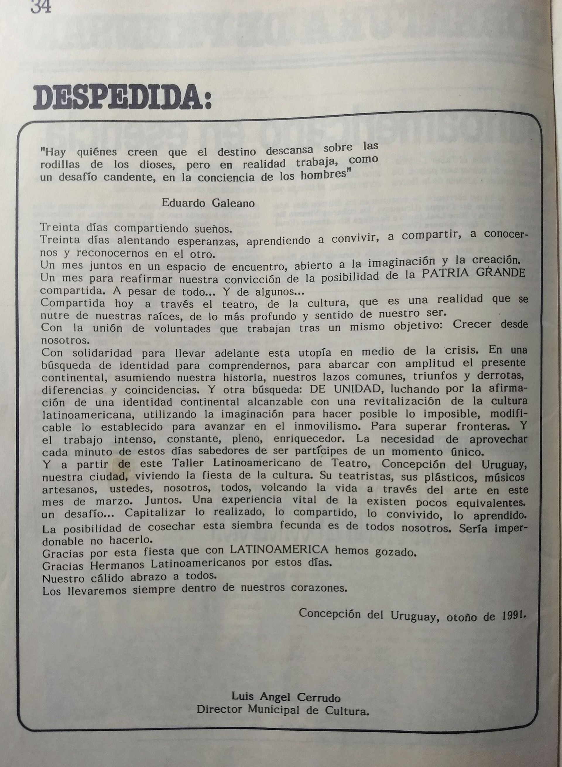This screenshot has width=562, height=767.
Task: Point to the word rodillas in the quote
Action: (x=60, y=164)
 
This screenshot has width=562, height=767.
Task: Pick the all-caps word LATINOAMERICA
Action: (x=279, y=549)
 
